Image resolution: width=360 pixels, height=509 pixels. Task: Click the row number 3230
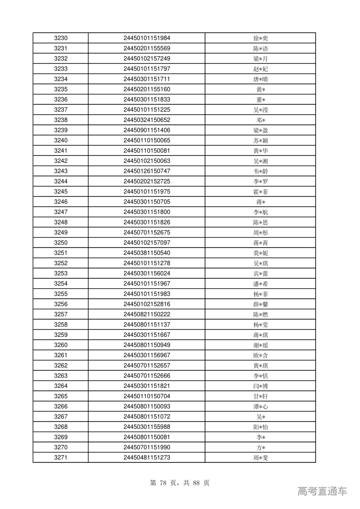tap(60, 38)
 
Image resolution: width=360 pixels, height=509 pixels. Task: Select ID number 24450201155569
tap(146, 48)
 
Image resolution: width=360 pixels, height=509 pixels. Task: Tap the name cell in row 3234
tap(260, 79)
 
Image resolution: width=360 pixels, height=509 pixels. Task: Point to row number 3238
tap(60, 120)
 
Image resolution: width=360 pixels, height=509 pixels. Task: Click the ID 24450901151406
tap(146, 131)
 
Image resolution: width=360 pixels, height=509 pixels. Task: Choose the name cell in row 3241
tap(260, 151)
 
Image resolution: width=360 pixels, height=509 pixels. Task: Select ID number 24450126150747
tap(146, 171)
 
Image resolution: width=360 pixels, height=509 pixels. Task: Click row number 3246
tap(60, 202)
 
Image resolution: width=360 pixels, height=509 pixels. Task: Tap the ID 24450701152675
tap(146, 233)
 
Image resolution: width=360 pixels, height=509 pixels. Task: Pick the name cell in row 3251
tap(260, 253)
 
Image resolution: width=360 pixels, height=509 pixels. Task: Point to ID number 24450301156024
tap(146, 273)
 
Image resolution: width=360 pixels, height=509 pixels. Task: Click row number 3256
tap(60, 304)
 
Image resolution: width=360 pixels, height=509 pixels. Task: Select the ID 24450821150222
tap(146, 315)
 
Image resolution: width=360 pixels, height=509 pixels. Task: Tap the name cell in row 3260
tap(260, 345)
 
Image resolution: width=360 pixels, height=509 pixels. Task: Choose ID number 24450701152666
tap(146, 376)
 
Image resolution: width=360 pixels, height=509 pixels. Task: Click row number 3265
tap(60, 396)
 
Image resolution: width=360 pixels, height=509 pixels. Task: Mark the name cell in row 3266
tap(260, 407)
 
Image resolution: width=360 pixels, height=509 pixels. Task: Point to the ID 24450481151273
tap(146, 457)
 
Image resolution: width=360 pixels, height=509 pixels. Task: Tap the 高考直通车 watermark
tap(322, 491)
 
